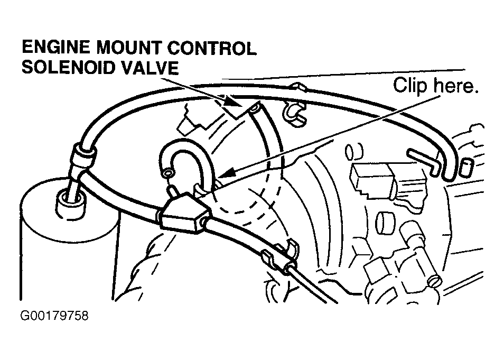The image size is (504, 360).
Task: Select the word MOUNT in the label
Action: pos(128,48)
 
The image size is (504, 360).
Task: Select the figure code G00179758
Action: pos(54,316)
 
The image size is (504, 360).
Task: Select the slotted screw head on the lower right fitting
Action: pos(435,281)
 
